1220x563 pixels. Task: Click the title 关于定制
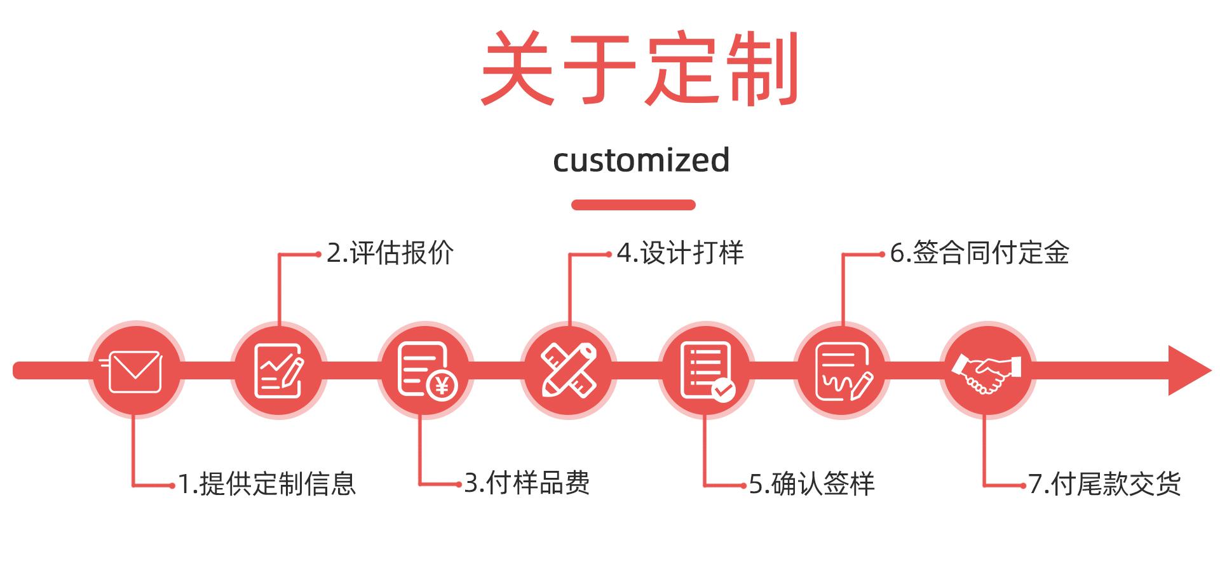[639, 70]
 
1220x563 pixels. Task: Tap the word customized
[640, 159]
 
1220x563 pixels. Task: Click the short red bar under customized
[633, 205]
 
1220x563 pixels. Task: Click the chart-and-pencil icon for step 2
[278, 370]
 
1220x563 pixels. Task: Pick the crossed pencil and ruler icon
[569, 370]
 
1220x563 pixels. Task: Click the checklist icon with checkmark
[705, 370]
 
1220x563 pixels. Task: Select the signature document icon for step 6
[843, 370]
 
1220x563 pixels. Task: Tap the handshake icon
[987, 370]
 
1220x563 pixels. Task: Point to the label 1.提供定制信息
[267, 484]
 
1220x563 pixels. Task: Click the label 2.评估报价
[390, 254]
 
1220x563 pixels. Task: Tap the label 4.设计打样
[680, 253]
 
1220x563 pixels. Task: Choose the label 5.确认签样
[811, 484]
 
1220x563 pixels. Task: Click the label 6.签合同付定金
[979, 253]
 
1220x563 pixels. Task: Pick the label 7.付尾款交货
[1104, 484]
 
